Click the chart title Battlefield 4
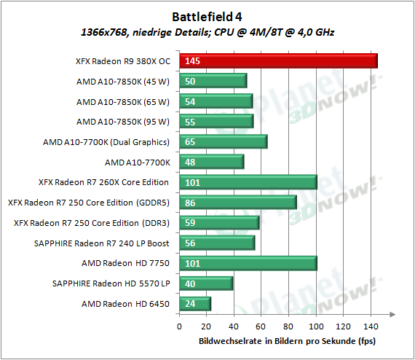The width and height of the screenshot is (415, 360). (x=207, y=17)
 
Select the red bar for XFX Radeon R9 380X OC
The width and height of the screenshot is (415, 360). (x=278, y=61)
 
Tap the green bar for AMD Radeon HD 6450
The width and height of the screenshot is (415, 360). (x=195, y=304)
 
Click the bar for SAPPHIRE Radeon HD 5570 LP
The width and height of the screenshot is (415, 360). (x=206, y=283)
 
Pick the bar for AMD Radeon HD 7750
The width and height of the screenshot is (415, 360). (x=248, y=263)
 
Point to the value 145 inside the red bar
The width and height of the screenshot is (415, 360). (x=192, y=61)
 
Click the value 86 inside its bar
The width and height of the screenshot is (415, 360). (x=190, y=203)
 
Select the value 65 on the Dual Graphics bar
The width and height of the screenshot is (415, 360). (x=190, y=142)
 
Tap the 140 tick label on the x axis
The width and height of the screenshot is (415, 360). (x=371, y=326)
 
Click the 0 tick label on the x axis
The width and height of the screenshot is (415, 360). (x=179, y=326)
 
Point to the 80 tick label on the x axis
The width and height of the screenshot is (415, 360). (x=288, y=326)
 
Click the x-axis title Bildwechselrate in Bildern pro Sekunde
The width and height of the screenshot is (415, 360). (x=287, y=341)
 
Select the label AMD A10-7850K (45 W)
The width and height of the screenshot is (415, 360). (x=123, y=82)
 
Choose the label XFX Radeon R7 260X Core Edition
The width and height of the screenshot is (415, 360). (x=103, y=182)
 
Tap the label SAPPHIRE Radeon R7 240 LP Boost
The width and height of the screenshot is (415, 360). (x=102, y=243)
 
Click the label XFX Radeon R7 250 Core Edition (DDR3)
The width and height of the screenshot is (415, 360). (x=92, y=223)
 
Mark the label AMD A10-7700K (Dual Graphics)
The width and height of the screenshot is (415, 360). (x=106, y=142)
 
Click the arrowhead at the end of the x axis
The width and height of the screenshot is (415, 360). (x=392, y=314)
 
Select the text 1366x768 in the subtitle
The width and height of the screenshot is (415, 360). (x=104, y=32)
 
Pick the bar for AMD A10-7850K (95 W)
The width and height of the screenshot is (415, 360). (x=216, y=122)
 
